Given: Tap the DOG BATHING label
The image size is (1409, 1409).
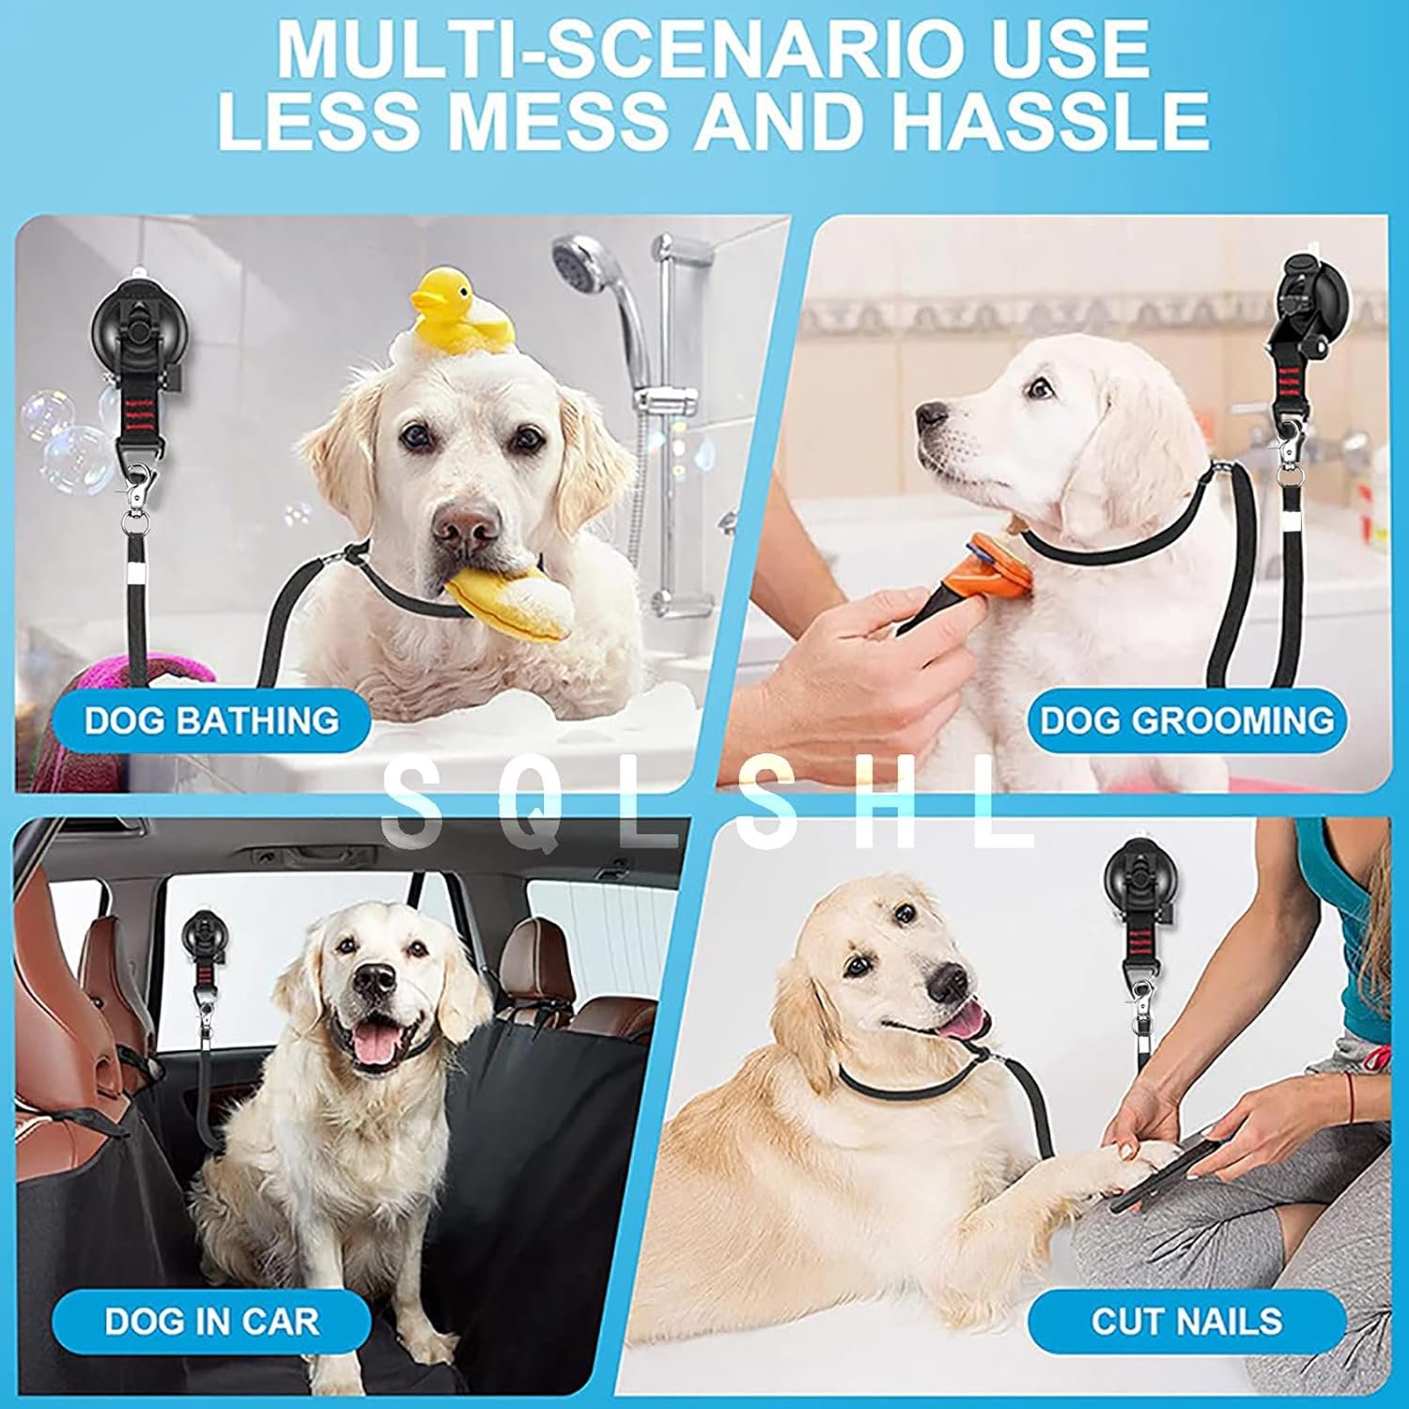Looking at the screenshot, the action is click(211, 720).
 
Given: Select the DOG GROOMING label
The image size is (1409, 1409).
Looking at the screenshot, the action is click(1186, 720).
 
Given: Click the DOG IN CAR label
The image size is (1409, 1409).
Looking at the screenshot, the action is click(211, 1321).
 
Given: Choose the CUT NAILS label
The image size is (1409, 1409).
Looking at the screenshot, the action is click(1186, 1321).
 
